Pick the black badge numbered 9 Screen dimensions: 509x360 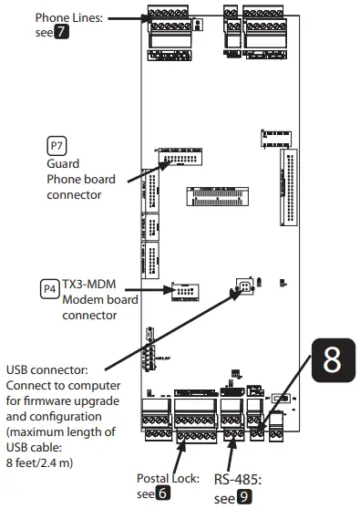(244, 499)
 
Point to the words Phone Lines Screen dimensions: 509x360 (69, 16)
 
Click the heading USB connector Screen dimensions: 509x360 (47, 369)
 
